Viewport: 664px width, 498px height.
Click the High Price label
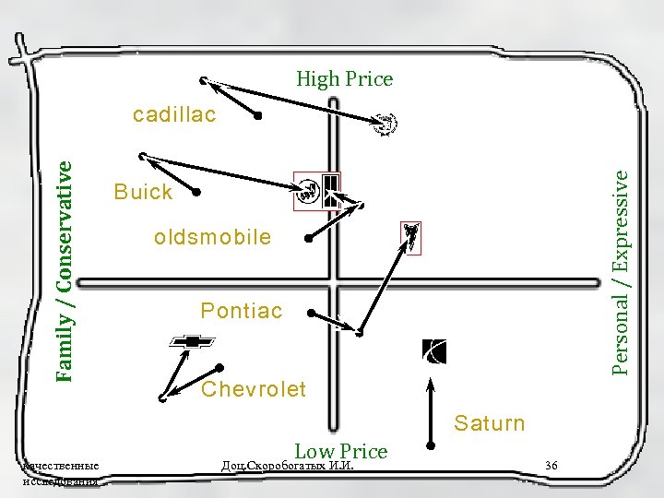[344, 79]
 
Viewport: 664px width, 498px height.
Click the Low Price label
[340, 451]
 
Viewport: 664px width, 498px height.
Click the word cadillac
[174, 115]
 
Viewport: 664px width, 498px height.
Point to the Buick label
[143, 192]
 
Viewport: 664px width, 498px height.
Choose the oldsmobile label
[213, 237]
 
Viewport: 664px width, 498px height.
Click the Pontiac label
[242, 310]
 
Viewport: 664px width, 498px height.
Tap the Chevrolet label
[254, 388]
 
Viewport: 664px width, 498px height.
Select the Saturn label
[489, 423]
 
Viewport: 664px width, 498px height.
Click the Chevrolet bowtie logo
[192, 341]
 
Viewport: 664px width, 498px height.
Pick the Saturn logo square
[433, 351]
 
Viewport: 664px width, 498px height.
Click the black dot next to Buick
[196, 193]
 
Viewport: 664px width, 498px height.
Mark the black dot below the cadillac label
[258, 116]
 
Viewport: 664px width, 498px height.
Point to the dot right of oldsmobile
[309, 238]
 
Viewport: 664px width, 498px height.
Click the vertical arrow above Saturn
[430, 407]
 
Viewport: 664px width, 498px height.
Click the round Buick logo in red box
[307, 192]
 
